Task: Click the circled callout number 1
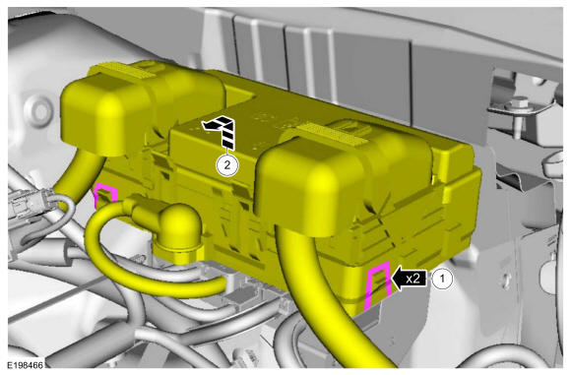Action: pos(442,279)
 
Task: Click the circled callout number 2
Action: pos(227,165)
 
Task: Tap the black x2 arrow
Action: pos(409,279)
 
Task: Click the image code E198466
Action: pos(26,365)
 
